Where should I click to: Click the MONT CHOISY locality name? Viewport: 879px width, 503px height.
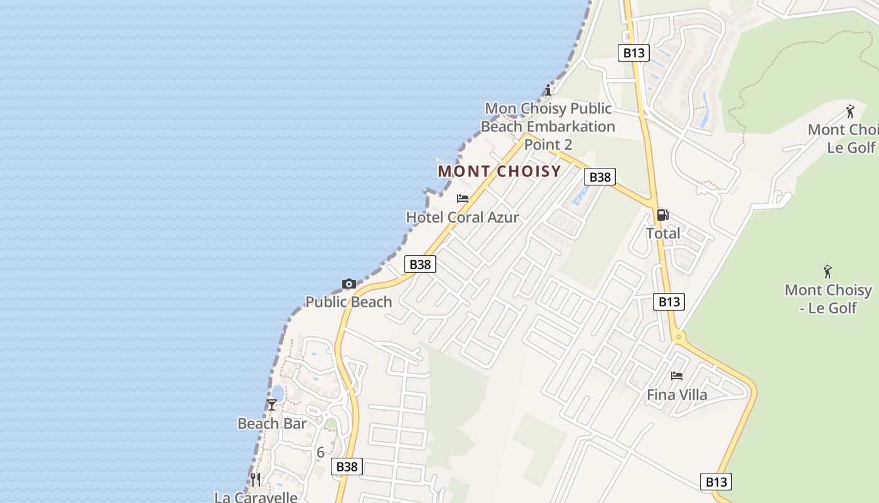click(499, 171)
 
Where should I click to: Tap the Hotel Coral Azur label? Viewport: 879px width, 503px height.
click(463, 218)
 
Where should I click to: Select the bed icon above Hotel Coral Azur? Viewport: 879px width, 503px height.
click(463, 199)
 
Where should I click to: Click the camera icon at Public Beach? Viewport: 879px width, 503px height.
click(349, 284)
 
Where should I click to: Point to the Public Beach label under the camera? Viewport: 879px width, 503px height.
click(348, 302)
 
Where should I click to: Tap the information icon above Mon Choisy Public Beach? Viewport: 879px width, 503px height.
click(548, 89)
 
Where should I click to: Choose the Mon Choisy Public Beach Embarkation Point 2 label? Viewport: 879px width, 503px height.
click(548, 126)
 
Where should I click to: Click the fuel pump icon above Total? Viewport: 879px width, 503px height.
click(662, 215)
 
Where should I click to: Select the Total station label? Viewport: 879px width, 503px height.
click(663, 233)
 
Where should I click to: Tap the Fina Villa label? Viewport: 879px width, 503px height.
click(677, 395)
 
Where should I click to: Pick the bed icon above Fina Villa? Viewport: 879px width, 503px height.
click(676, 376)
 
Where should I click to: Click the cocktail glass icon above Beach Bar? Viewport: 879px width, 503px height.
click(272, 405)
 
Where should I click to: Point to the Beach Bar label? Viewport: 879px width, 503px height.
click(272, 424)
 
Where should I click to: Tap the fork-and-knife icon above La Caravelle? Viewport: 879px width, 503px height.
click(256, 480)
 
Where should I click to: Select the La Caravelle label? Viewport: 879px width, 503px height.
click(256, 497)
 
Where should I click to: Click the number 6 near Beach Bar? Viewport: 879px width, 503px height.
click(320, 452)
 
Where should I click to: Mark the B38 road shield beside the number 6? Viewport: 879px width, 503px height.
click(347, 467)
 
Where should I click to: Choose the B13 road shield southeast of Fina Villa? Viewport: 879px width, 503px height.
click(716, 482)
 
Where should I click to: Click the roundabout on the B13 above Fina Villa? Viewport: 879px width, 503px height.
click(677, 338)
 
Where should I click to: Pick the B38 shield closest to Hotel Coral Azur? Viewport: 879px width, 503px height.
click(420, 264)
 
